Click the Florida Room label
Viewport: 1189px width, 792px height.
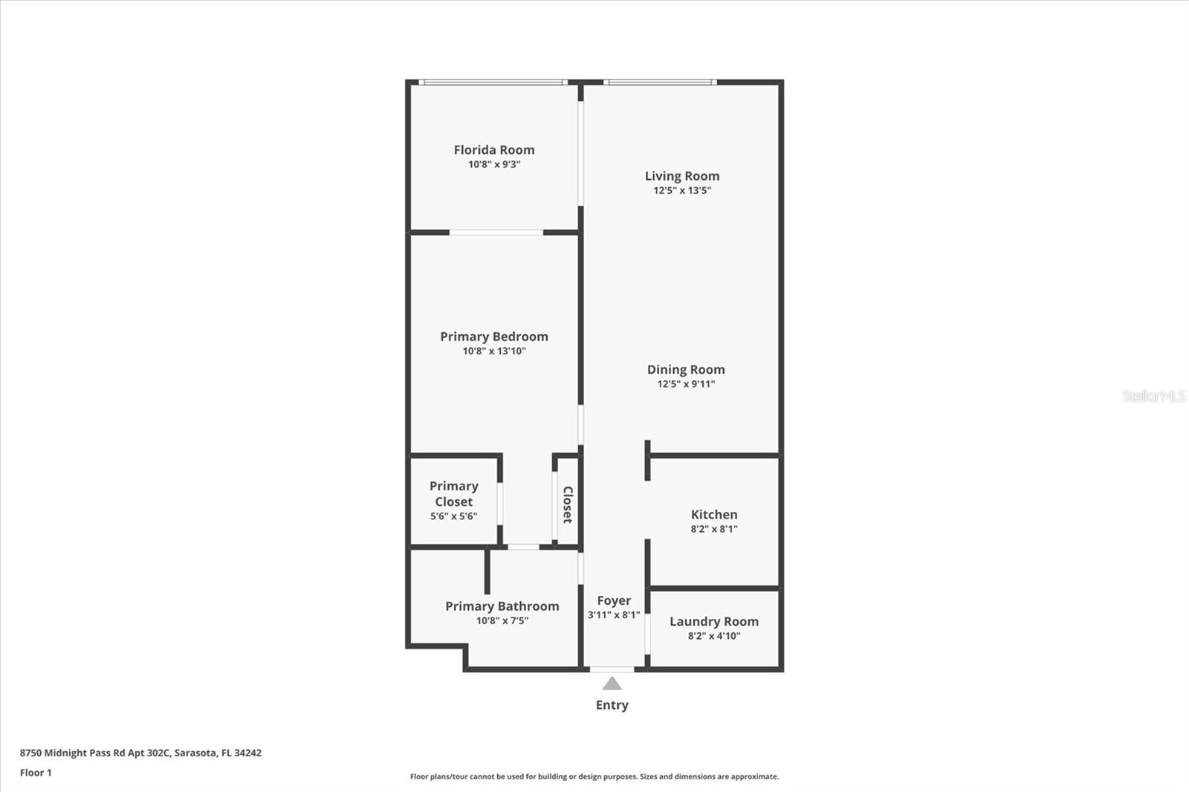tap(494, 149)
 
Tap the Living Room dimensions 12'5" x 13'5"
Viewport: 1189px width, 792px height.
tap(682, 190)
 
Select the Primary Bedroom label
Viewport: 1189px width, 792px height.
tap(494, 337)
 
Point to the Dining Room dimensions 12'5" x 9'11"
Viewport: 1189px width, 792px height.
tap(686, 384)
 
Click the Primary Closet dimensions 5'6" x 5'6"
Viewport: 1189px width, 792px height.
tap(453, 516)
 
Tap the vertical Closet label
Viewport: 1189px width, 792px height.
tap(568, 504)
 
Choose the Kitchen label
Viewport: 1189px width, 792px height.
tap(714, 514)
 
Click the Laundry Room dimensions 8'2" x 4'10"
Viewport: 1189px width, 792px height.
tap(714, 636)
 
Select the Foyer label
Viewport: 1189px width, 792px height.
tap(614, 600)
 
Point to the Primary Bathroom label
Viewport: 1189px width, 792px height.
tap(502, 606)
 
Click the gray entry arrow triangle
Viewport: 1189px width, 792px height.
tap(612, 684)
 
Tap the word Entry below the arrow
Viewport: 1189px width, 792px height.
tap(612, 705)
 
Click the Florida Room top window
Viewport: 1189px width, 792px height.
tap(493, 82)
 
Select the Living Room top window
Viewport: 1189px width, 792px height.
tap(660, 82)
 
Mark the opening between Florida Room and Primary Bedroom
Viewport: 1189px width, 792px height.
tap(496, 233)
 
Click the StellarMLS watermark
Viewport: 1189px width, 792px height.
tap(1153, 396)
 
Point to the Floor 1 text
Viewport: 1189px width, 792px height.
tap(36, 773)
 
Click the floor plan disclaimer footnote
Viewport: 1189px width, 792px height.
tap(594, 776)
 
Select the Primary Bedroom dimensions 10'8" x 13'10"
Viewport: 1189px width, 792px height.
tap(494, 351)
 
